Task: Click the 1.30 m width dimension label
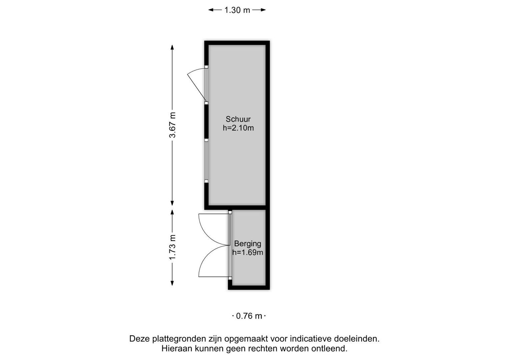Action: pyautogui.click(x=237, y=10)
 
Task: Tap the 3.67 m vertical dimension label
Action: pyautogui.click(x=172, y=125)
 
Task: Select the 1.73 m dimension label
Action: pyautogui.click(x=172, y=248)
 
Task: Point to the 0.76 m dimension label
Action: pyautogui.click(x=249, y=316)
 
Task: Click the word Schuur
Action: pyautogui.click(x=238, y=119)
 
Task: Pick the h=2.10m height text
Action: pyautogui.click(x=238, y=128)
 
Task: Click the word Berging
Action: pyautogui.click(x=247, y=244)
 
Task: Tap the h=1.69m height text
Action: pyautogui.click(x=248, y=252)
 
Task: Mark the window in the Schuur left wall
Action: pyautogui.click(x=206, y=161)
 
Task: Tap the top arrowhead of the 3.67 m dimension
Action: pyautogui.click(x=172, y=47)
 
